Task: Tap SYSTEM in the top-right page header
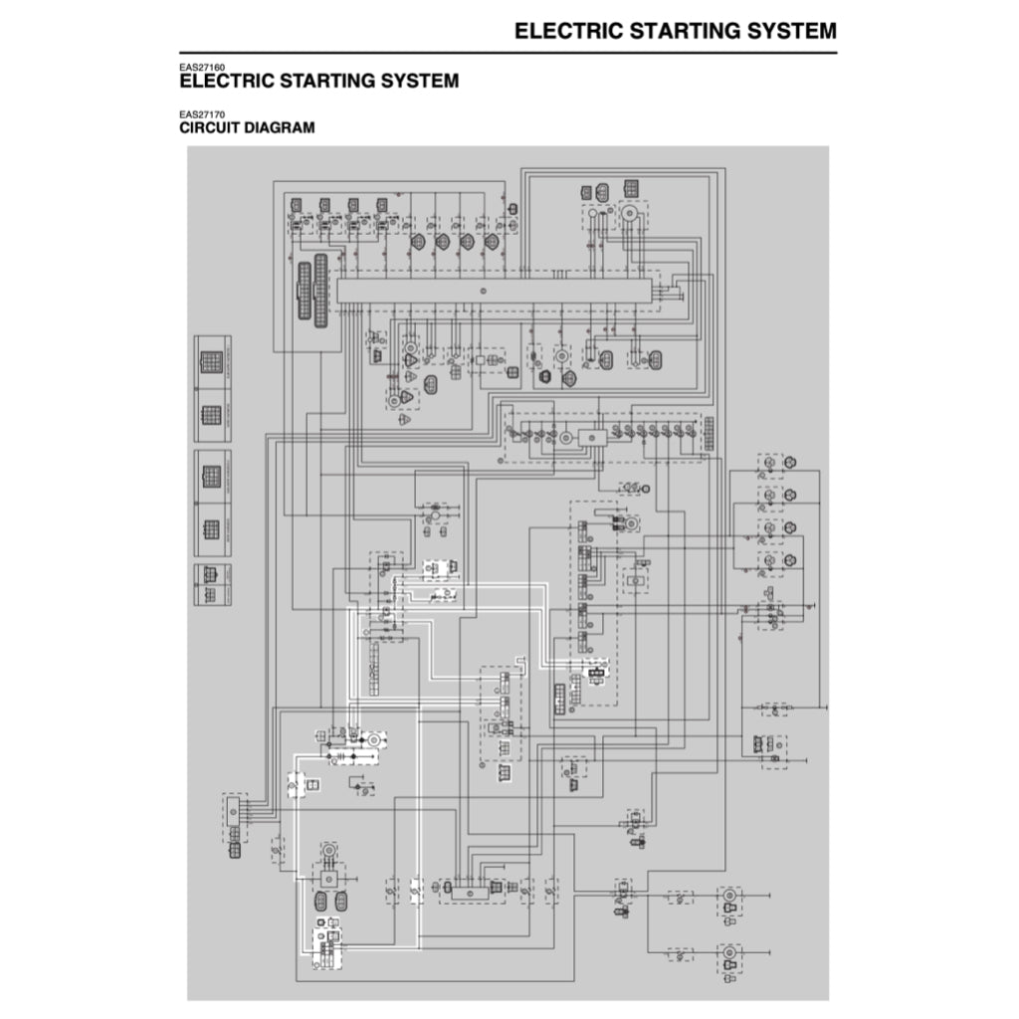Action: [x=785, y=31]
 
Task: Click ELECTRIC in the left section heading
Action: [x=225, y=81]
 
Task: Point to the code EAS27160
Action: [x=202, y=68]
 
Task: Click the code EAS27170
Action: [x=202, y=115]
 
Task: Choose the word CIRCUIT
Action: [x=213, y=128]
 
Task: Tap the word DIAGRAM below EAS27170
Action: [x=283, y=128]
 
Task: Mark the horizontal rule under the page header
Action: [x=508, y=52]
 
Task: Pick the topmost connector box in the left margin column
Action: [x=210, y=361]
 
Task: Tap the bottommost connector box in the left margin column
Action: [x=210, y=585]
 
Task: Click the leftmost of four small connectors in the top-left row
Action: [x=297, y=206]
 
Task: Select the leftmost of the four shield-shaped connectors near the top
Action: [x=418, y=241]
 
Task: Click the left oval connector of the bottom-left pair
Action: [x=320, y=902]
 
